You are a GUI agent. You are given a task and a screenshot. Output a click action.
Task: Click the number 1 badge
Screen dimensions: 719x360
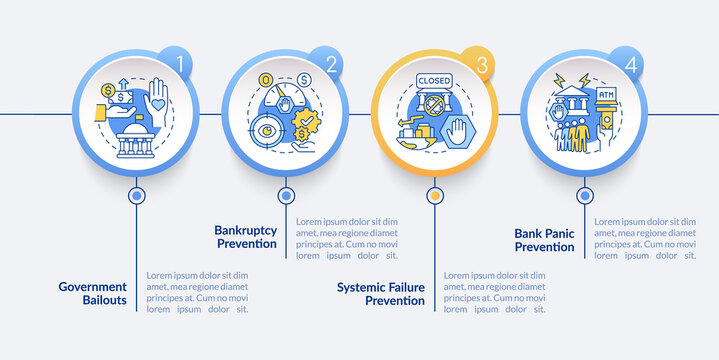click(x=179, y=63)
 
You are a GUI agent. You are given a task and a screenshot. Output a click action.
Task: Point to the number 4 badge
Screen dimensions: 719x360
click(x=629, y=63)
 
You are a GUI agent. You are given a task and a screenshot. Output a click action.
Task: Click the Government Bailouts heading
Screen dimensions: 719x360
click(x=99, y=293)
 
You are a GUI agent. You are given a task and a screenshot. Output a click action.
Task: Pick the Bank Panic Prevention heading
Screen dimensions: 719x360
click(x=544, y=240)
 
